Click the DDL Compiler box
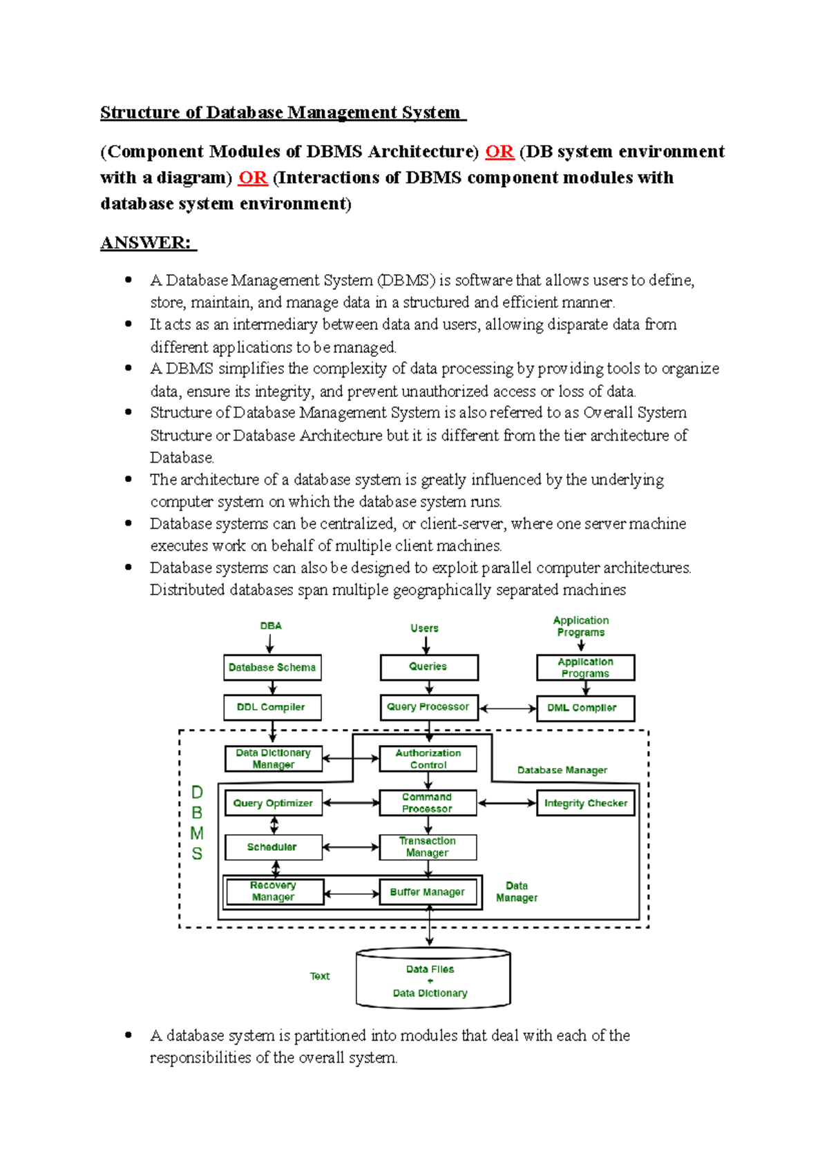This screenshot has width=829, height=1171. pos(272,708)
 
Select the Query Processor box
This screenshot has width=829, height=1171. pos(428,708)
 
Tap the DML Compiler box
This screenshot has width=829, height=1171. pos(585,708)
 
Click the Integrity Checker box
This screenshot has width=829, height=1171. pos(585,803)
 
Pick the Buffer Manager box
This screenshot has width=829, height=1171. pos(428,892)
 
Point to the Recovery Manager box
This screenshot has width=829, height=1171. pos(274,891)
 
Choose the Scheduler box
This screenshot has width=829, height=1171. pos(273,847)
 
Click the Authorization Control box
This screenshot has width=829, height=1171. pos(428,759)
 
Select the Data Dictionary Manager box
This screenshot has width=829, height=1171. pos(273,759)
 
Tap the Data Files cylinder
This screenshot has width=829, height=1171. pos(432,980)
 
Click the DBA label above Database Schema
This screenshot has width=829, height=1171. pos(271,626)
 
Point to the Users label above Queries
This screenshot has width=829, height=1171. pos(424,628)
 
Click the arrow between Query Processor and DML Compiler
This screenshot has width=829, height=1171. pos(508,708)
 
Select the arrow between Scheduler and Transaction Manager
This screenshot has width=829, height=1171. pos(351,847)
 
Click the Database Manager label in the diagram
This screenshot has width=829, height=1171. pos(562,770)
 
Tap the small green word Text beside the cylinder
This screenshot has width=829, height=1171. pos(320,976)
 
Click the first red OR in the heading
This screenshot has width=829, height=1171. pos(499,152)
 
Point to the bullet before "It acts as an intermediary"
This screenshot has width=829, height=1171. pos(128,324)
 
